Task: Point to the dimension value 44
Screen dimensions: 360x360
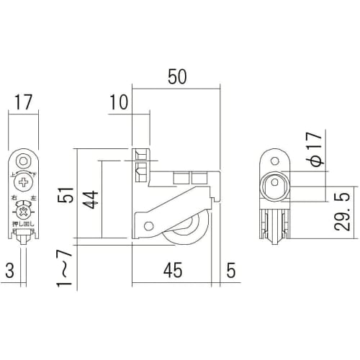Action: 91,199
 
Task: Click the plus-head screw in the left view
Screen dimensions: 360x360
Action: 24,182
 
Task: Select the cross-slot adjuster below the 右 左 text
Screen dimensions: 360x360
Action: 24,212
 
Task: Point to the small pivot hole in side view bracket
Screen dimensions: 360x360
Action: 149,227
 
